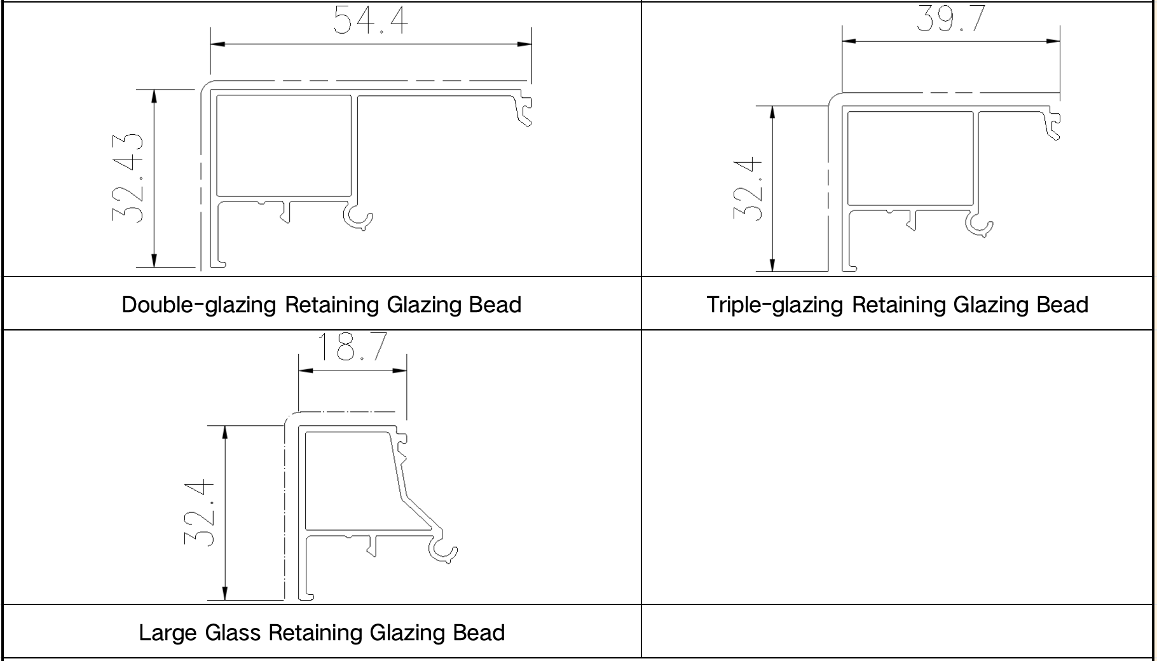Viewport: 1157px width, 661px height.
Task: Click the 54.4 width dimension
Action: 371,20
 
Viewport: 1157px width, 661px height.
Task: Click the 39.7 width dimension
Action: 950,19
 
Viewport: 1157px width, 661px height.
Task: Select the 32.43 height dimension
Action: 128,177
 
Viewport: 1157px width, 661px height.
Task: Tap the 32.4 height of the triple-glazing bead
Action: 748,189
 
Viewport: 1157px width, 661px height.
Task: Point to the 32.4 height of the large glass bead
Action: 199,512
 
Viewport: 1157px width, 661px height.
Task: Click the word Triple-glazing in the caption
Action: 775,305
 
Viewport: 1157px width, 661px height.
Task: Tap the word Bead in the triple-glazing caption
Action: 1062,305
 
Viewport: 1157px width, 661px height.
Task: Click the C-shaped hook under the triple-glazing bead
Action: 979,224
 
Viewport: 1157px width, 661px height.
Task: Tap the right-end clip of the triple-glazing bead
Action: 1053,125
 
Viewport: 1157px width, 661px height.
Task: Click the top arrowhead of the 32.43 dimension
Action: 154,95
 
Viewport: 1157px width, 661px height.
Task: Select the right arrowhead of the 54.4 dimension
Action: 525,44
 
